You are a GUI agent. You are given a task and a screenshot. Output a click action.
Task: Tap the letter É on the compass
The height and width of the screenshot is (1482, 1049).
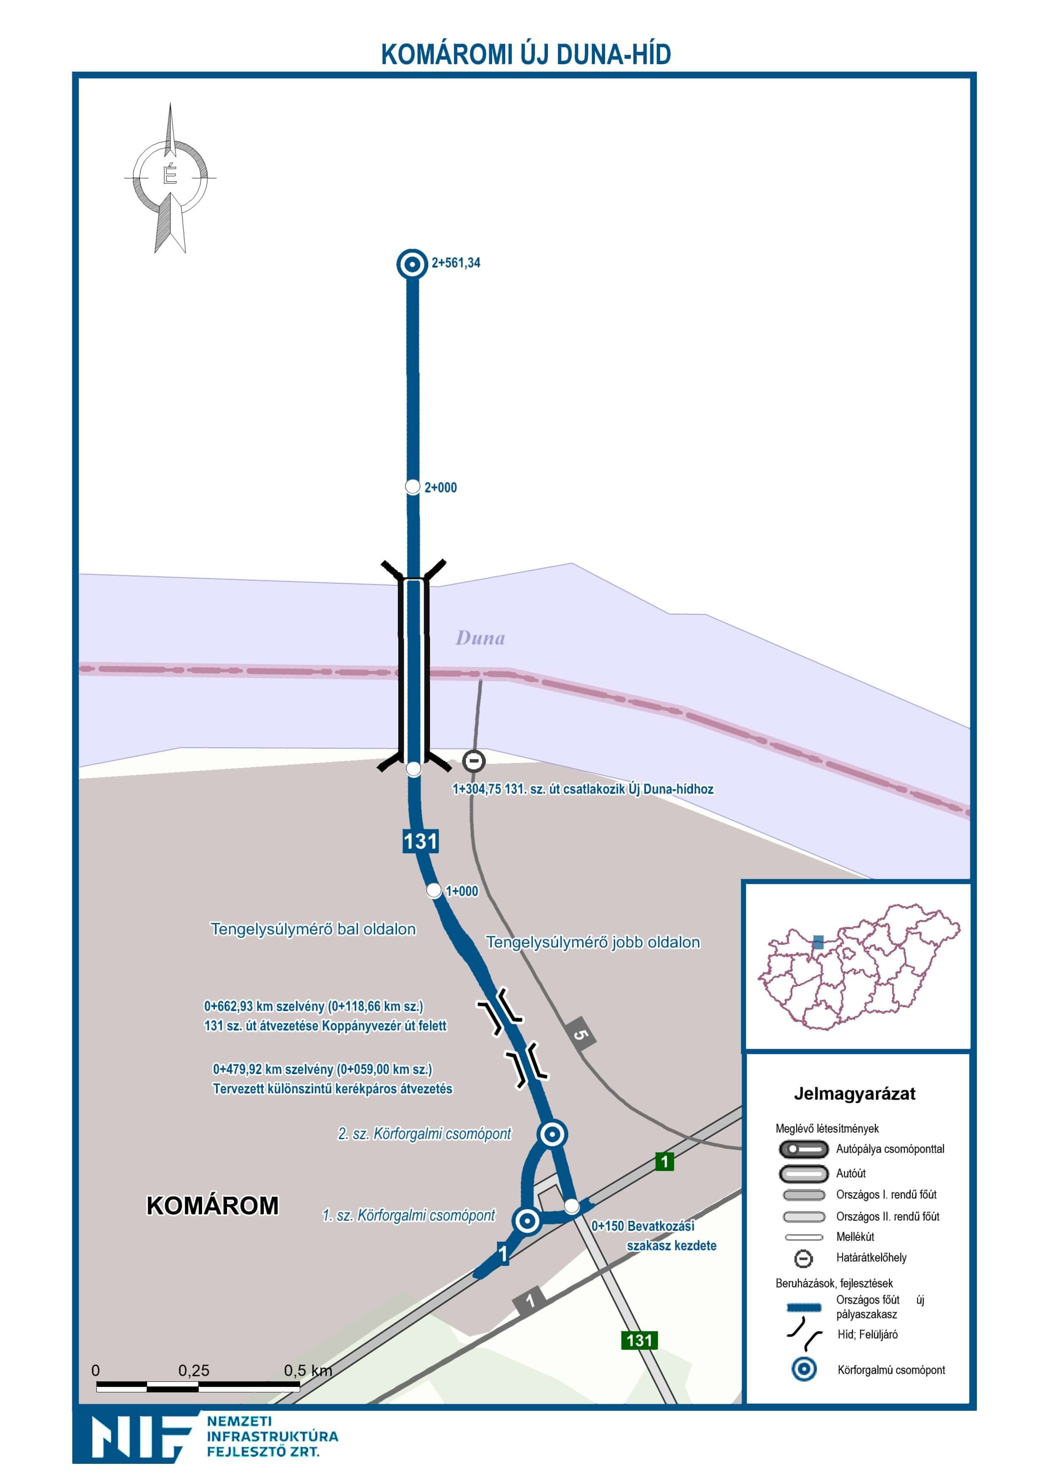pyautogui.click(x=170, y=175)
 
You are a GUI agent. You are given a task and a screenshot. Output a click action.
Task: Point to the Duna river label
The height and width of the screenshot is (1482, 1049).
pyautogui.click(x=480, y=638)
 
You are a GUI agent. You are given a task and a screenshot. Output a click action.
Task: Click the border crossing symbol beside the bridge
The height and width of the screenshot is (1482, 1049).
pyautogui.click(x=474, y=761)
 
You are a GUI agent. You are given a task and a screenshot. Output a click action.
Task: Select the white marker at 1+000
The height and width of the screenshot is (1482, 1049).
pyautogui.click(x=434, y=891)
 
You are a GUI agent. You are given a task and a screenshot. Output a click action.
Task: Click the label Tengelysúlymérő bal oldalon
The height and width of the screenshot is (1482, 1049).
pyautogui.click(x=313, y=929)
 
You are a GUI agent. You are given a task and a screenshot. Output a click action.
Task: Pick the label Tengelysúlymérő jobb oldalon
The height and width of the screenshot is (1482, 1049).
pyautogui.click(x=592, y=942)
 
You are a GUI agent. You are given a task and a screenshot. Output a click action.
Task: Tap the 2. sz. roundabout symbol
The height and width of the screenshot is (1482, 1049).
pyautogui.click(x=552, y=1134)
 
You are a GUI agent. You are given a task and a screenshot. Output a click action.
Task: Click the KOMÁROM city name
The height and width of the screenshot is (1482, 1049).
pyautogui.click(x=213, y=1206)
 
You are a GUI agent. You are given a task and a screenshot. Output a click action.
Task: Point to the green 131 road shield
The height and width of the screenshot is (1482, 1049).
pyautogui.click(x=639, y=1335)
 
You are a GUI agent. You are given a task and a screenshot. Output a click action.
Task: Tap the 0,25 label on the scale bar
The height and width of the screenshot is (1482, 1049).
pyautogui.click(x=194, y=1370)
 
